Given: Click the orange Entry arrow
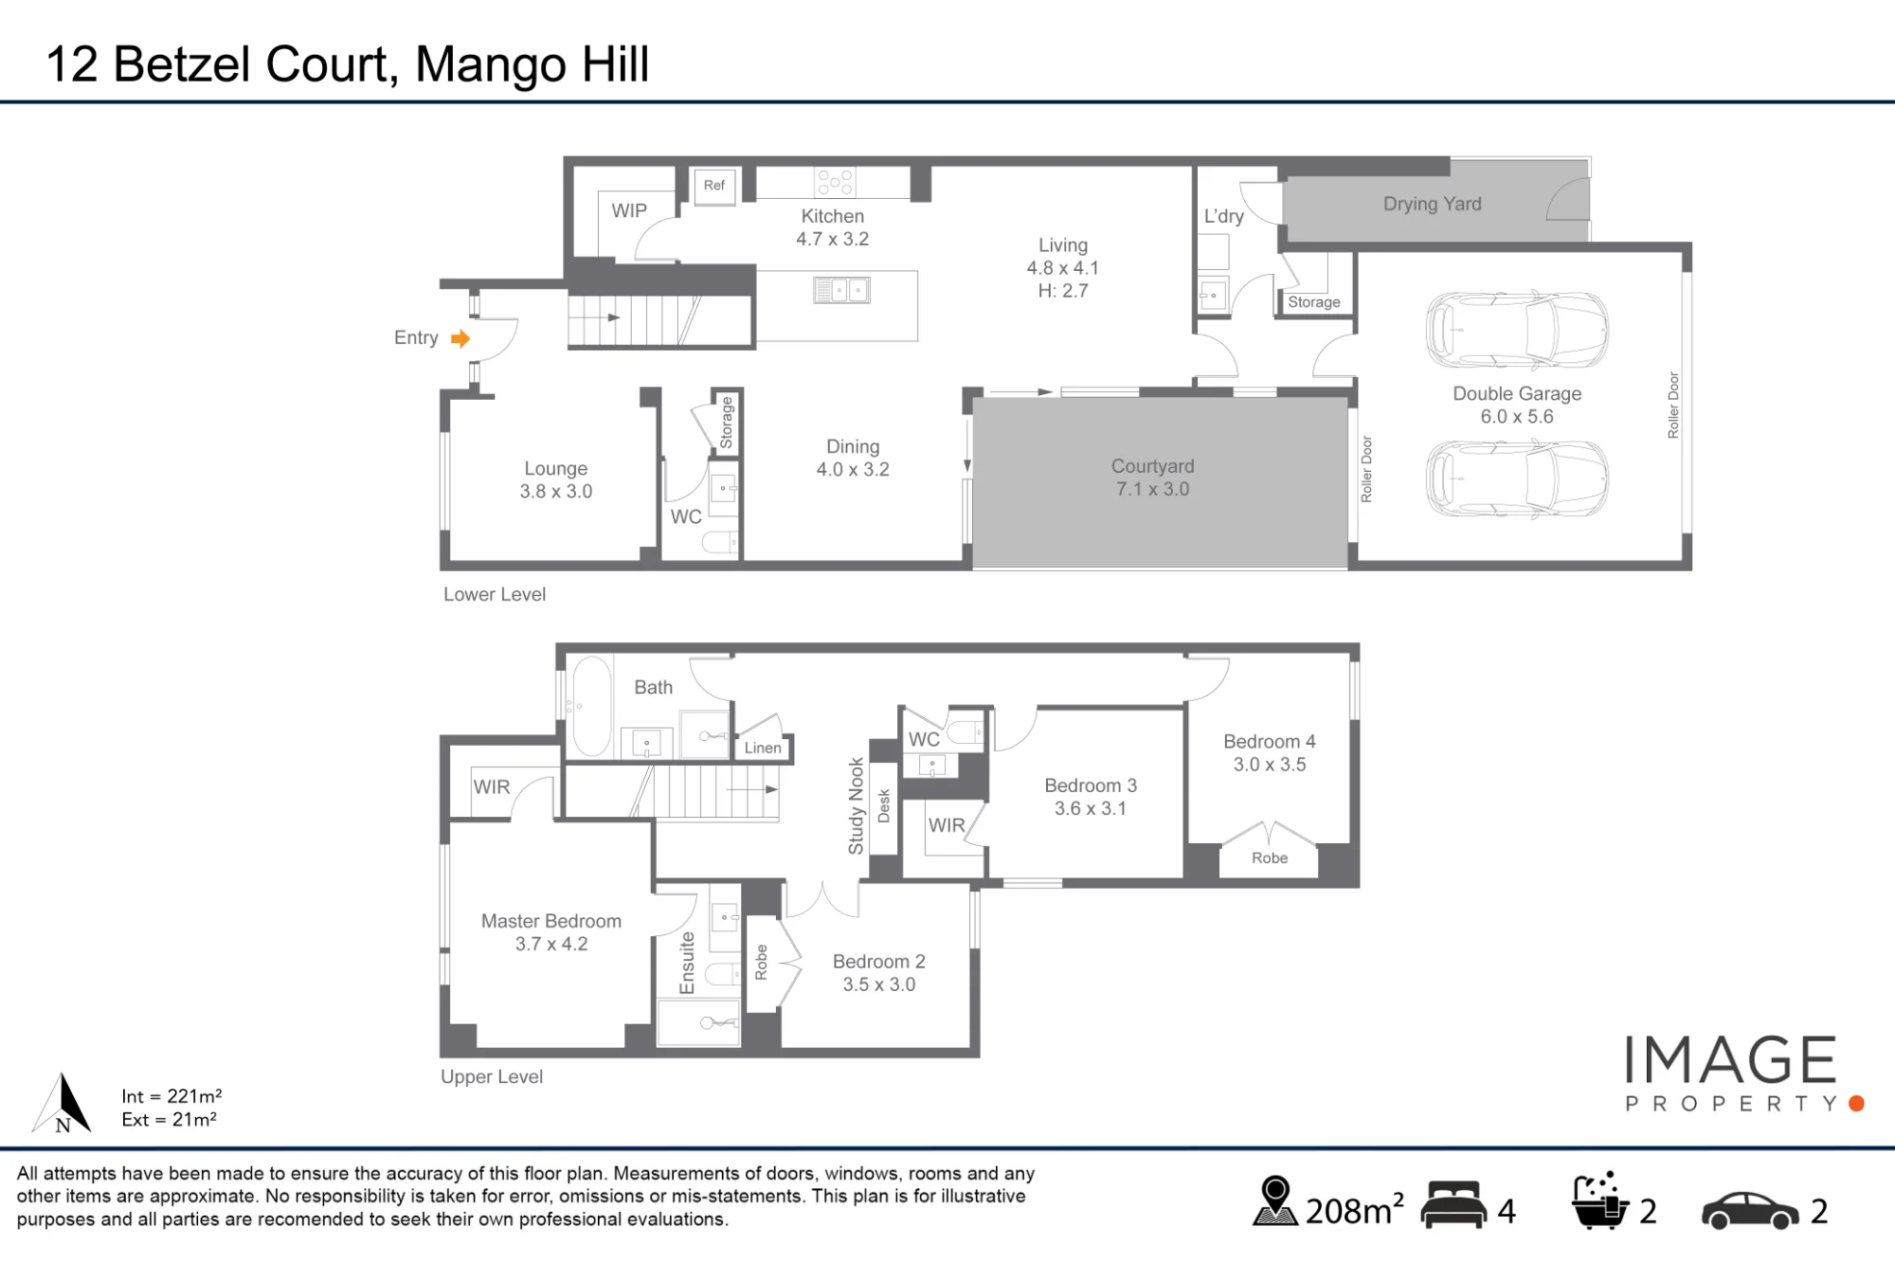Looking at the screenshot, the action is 460,338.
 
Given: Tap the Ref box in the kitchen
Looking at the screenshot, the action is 714,186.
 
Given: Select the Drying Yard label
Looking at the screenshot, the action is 1432,204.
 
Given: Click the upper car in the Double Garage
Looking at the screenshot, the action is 1517,330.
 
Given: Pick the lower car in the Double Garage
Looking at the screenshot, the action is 1517,478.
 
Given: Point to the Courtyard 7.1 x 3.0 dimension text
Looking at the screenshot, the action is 1152,489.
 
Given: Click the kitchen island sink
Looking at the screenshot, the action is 841,290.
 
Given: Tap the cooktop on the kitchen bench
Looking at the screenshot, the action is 835,182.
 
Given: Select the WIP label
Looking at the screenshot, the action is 629,210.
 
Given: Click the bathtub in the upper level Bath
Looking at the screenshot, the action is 592,706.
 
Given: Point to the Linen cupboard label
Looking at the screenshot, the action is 763,748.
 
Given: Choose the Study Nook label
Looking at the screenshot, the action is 857,805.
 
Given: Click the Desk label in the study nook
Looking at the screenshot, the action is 884,806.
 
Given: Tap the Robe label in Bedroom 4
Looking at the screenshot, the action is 1270,857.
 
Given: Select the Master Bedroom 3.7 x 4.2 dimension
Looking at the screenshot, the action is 551,944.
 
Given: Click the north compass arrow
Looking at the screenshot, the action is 63,1102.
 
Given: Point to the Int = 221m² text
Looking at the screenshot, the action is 171,1096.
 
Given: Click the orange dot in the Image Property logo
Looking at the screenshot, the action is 1856,1103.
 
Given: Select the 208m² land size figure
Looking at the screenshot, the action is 1354,1210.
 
